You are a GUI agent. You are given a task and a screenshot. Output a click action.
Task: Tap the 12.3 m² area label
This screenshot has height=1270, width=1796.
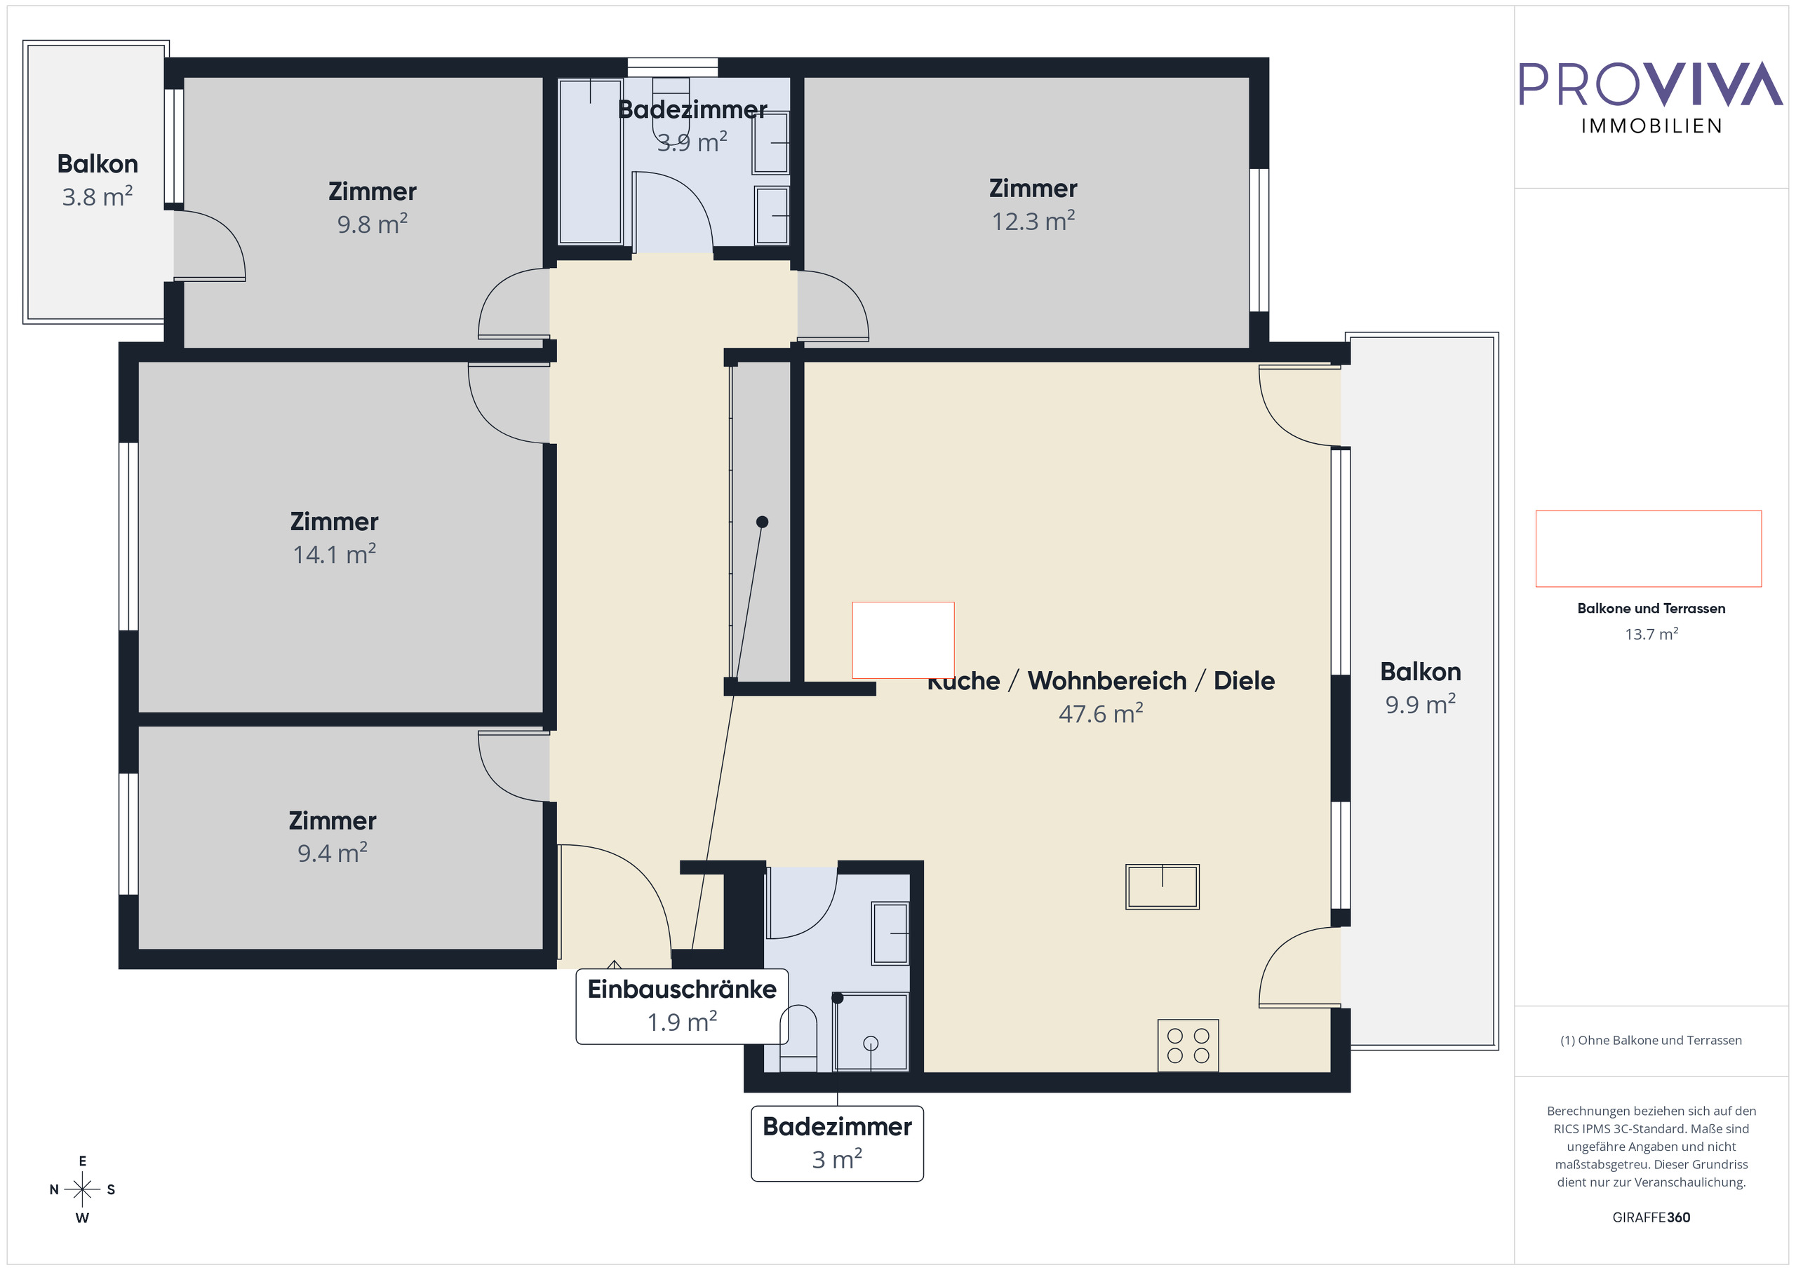click(1033, 222)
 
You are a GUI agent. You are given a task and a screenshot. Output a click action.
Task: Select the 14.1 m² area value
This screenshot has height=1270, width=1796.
click(334, 555)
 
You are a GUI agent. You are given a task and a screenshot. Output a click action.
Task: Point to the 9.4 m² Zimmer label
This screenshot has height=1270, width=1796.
click(332, 836)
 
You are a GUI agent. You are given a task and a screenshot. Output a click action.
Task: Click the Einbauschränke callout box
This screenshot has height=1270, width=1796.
click(681, 1005)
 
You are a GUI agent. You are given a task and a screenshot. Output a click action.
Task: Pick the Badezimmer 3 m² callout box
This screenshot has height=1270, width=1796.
click(836, 1142)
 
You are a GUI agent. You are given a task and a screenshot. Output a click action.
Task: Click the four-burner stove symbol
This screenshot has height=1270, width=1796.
click(1188, 1046)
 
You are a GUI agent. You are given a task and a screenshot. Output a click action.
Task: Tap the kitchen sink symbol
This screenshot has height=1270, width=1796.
click(1162, 887)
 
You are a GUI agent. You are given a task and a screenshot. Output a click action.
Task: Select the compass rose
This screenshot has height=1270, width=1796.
click(82, 1189)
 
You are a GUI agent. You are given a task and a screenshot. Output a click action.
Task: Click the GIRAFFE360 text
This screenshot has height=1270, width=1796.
click(1651, 1217)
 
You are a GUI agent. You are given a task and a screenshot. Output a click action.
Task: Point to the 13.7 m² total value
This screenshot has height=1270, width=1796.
click(1651, 634)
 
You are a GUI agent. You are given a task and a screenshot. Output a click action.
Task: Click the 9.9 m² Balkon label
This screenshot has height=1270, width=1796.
click(1420, 688)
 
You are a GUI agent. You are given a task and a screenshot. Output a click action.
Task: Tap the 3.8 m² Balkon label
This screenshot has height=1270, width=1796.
click(97, 180)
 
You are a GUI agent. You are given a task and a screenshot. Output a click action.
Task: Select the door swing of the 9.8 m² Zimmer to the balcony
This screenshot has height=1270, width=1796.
click(210, 244)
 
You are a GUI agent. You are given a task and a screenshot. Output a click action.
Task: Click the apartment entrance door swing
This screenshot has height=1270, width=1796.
click(615, 899)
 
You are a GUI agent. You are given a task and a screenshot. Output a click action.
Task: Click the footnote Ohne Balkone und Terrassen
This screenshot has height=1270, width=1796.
click(1651, 1040)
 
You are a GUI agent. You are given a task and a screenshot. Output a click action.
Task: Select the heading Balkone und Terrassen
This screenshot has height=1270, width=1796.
click(1651, 609)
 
